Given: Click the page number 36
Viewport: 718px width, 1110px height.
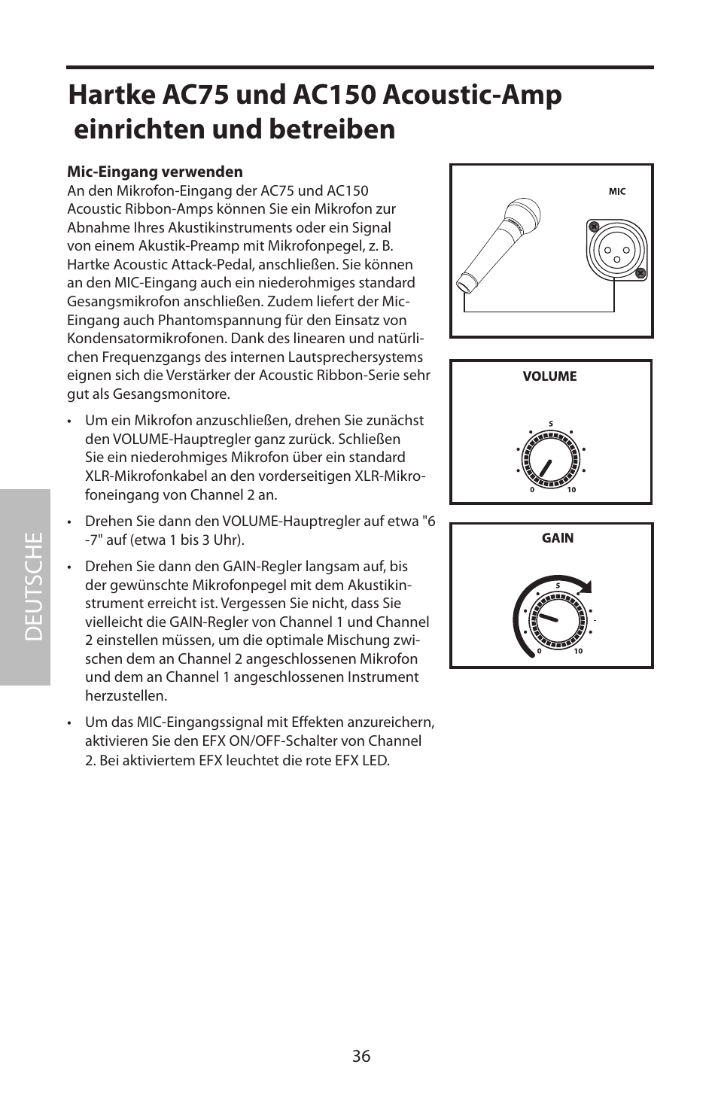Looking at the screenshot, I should [361, 1056].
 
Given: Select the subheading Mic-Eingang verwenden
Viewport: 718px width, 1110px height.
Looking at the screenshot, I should [155, 172].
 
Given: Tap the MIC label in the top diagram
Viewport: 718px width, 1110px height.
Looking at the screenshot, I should [617, 192].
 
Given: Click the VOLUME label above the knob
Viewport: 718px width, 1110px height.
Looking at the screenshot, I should [549, 376].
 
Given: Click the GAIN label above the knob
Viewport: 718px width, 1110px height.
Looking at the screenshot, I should [558, 538].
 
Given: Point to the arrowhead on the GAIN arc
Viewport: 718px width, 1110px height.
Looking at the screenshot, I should [586, 587].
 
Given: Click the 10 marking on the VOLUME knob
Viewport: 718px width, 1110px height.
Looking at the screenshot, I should [571, 490].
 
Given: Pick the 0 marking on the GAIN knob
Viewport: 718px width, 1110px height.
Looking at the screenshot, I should [539, 652].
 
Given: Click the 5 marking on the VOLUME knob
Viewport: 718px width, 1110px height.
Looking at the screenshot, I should [551, 424].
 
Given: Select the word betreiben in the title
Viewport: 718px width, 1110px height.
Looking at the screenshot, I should [330, 129].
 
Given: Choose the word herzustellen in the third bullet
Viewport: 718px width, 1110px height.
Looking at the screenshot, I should [126, 696].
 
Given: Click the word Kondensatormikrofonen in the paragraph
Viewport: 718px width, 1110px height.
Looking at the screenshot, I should [146, 339].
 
